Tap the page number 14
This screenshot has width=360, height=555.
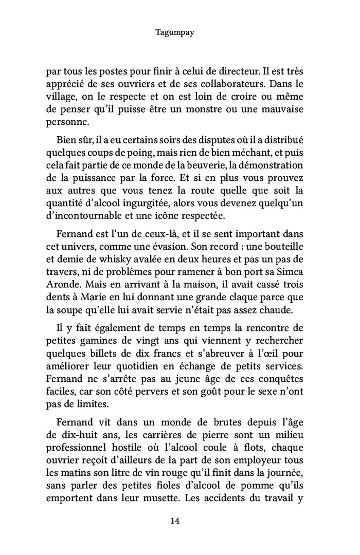tap(174, 521)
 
